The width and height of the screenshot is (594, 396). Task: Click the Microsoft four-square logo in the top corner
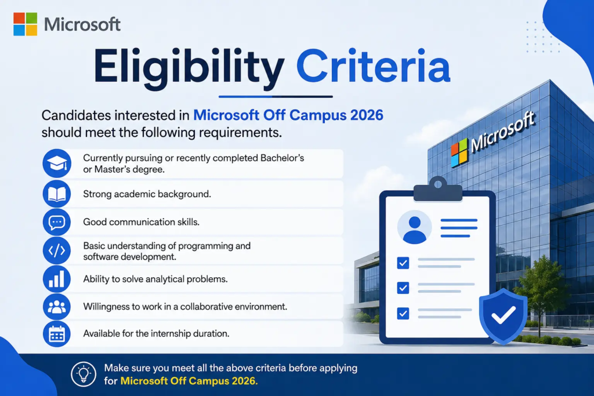tap(26, 24)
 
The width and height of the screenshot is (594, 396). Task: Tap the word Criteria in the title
tap(373, 65)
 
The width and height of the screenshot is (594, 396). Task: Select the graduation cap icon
tap(57, 164)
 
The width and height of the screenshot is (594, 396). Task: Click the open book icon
tap(57, 194)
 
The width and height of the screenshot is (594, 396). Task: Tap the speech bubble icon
tap(57, 222)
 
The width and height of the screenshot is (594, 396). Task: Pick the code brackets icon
tap(57, 250)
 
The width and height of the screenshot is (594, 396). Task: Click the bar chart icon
tap(57, 279)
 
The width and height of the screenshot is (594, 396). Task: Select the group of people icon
tap(57, 307)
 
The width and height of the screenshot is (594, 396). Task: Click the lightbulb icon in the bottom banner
tap(84, 374)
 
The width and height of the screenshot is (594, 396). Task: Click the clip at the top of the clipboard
tap(438, 189)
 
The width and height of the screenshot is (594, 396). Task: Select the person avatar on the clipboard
tap(414, 227)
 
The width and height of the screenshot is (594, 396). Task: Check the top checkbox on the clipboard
tap(403, 263)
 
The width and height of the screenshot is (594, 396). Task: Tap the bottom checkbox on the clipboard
tap(403, 314)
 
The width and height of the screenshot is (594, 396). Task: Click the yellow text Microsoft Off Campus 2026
tap(189, 381)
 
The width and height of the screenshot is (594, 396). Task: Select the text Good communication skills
tap(142, 222)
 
